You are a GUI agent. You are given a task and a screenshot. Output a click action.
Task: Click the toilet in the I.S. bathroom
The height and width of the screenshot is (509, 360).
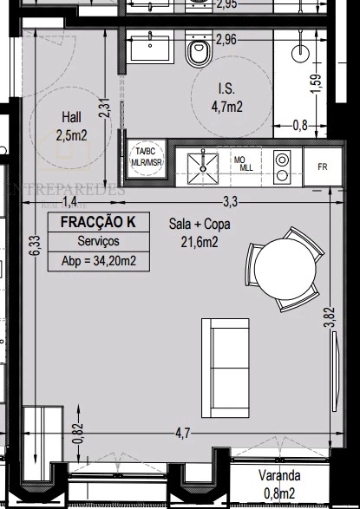coord(198,55)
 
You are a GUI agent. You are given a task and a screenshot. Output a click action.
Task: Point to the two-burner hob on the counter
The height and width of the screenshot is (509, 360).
coord(282,163)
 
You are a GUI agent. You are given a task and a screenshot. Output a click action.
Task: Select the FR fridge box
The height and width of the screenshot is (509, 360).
coord(323,166)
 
